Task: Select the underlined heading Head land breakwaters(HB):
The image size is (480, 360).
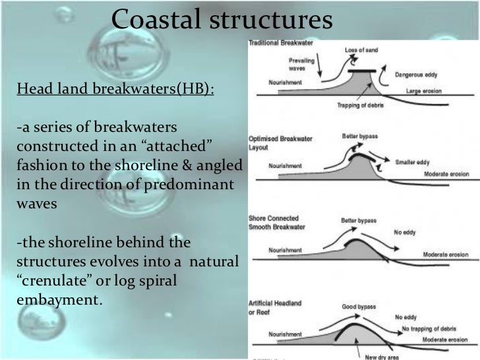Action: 115,90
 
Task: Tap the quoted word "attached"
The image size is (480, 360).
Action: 191,144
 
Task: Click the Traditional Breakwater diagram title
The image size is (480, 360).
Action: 280,44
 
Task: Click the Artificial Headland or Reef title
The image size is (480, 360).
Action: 275,307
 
